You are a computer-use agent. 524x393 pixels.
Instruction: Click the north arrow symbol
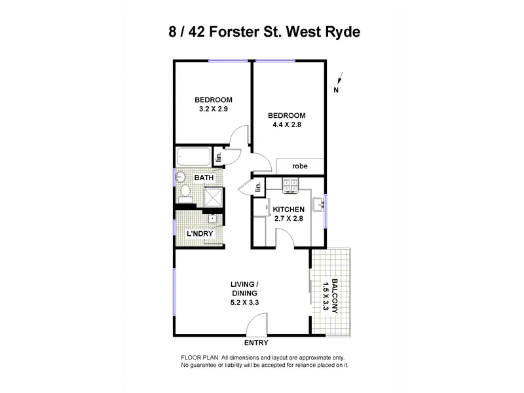click(x=339, y=78)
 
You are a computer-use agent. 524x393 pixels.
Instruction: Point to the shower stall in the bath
click(x=212, y=197)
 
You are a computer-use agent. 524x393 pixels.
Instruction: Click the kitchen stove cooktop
click(x=290, y=186)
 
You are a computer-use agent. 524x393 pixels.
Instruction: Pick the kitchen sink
click(x=318, y=204)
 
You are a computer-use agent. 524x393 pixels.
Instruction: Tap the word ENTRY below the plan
click(x=256, y=343)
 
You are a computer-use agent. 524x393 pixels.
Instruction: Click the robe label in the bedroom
click(x=300, y=166)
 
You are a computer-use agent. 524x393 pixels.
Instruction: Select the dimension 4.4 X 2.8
click(x=287, y=124)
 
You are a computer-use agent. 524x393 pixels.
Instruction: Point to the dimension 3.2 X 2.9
click(x=214, y=109)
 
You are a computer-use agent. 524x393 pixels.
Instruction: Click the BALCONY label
click(x=335, y=296)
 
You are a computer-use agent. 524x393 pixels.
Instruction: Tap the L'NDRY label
click(x=200, y=234)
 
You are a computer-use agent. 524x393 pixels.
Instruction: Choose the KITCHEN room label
click(x=289, y=210)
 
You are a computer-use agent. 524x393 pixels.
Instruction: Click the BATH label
click(x=204, y=178)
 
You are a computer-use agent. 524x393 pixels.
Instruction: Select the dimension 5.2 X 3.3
click(x=244, y=303)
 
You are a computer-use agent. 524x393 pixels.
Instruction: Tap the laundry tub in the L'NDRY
click(x=212, y=219)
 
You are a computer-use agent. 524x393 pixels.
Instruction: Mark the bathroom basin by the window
click(x=180, y=177)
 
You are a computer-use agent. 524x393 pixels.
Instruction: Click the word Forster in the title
click(x=234, y=32)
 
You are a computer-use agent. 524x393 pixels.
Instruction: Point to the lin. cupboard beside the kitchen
click(x=258, y=187)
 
